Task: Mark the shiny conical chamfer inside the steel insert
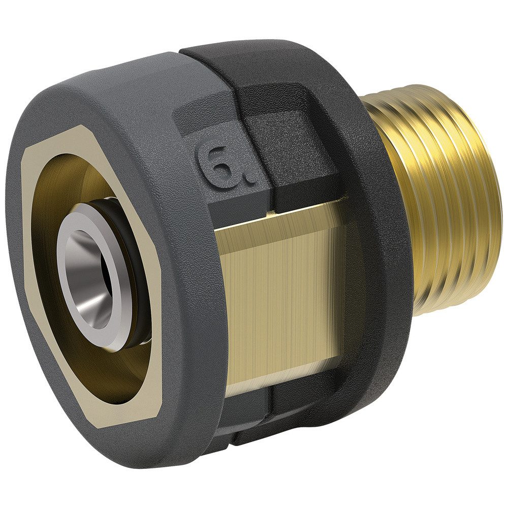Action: (x=89, y=264)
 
